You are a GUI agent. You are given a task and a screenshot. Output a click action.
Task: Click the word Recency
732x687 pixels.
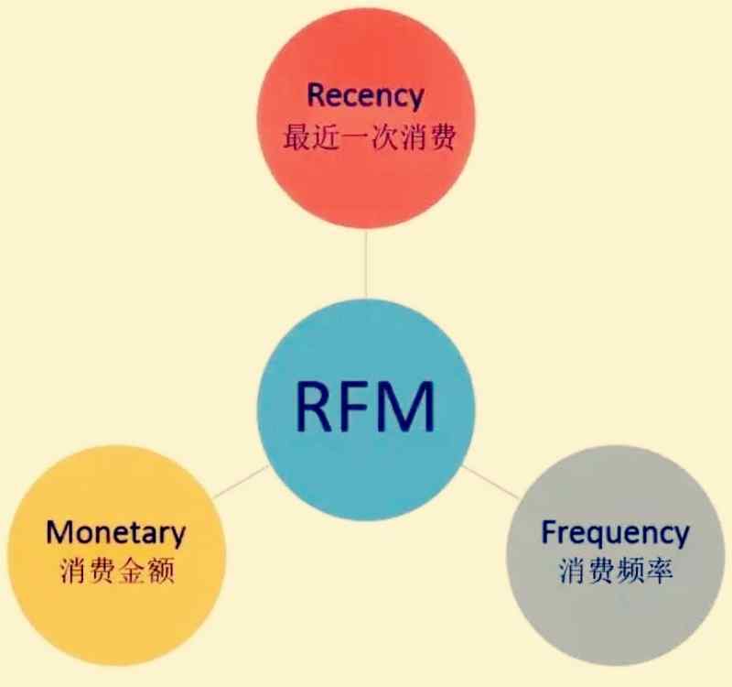(x=365, y=95)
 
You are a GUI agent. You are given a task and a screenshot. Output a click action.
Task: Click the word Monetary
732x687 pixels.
(x=115, y=532)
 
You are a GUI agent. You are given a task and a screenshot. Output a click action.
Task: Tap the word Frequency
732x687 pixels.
(x=614, y=531)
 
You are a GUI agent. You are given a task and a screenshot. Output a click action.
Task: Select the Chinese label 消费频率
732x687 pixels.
(x=614, y=572)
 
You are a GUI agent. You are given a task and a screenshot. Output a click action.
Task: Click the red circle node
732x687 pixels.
(x=366, y=183)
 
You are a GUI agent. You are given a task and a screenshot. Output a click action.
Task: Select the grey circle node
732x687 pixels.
(x=615, y=605)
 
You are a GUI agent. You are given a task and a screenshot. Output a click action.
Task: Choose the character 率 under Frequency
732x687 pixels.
(x=658, y=572)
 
